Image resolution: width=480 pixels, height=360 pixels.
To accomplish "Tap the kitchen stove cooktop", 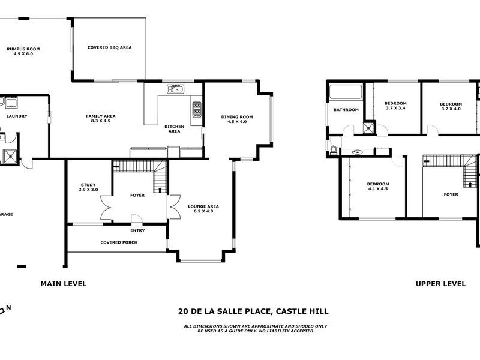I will click(x=196, y=109).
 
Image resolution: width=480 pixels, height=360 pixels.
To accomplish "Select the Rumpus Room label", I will click(x=22, y=50).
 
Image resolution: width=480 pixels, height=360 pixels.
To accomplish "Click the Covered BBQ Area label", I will click(x=109, y=47).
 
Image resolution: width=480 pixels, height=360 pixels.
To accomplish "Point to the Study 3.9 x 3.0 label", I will click(x=88, y=187).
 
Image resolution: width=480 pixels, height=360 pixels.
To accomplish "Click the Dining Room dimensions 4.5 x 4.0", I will click(x=237, y=122).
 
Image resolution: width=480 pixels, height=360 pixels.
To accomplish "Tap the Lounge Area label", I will click(x=203, y=206).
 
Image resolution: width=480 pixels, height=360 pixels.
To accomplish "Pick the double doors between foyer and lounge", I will click(x=175, y=207).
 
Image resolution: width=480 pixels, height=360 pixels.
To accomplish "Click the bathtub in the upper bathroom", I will click(x=346, y=93).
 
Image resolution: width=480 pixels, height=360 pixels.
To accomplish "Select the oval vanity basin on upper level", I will click(x=358, y=152).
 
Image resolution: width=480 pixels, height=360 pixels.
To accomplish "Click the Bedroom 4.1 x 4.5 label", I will click(x=378, y=187).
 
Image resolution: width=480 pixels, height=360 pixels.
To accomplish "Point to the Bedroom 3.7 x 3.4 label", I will click(x=395, y=106).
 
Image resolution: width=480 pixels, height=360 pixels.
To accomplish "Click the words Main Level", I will click(x=63, y=284).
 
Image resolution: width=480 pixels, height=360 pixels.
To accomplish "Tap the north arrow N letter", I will click(x=9, y=309).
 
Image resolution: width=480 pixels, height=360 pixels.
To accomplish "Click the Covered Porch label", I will click(x=118, y=242).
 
